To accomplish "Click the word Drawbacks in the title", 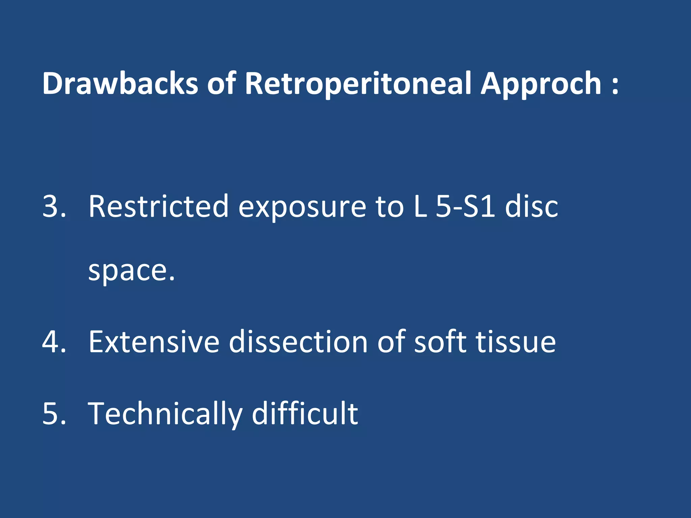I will pyautogui.click(x=120, y=83).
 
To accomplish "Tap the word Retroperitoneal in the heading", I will pyautogui.click(x=358, y=84).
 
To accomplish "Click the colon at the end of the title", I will pyautogui.click(x=615, y=84).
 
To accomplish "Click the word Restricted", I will pyautogui.click(x=159, y=206).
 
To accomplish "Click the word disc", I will pyautogui.click(x=531, y=206).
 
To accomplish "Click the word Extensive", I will pyautogui.click(x=154, y=342).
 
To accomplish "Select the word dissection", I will pyautogui.click(x=298, y=342).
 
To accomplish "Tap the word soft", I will pyautogui.click(x=440, y=342).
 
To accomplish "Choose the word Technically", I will pyautogui.click(x=165, y=414).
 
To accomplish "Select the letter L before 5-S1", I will pyautogui.click(x=420, y=206).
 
